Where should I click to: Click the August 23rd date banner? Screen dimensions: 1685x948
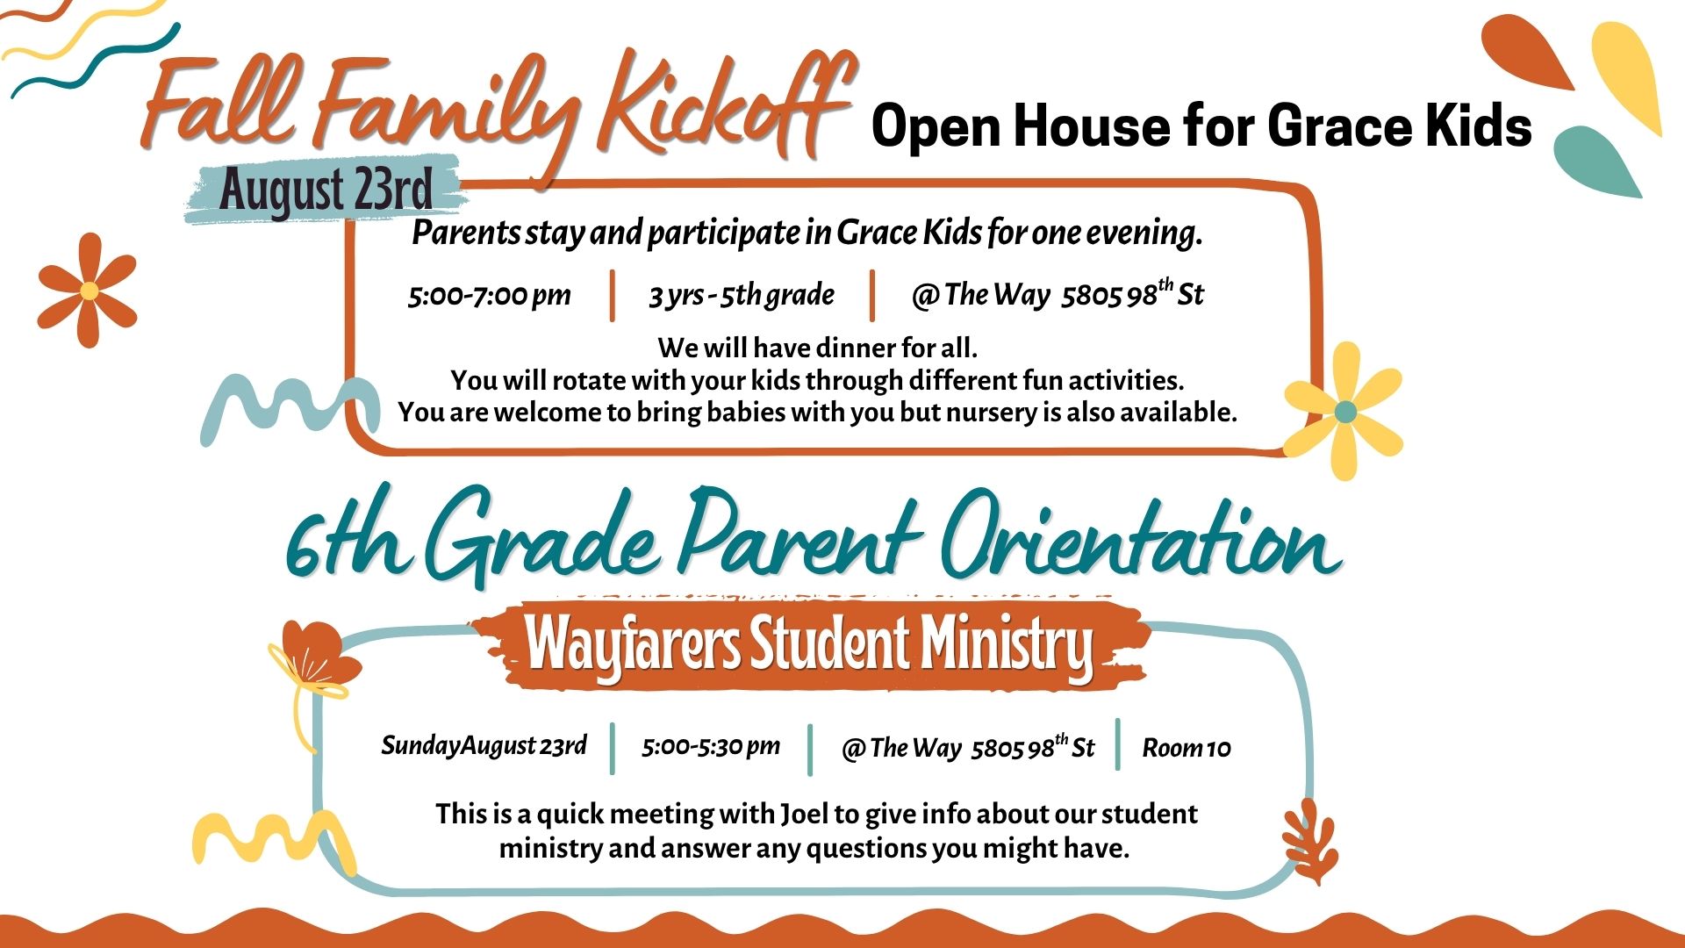pos(325,189)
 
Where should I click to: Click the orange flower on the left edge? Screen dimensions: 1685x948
pos(88,290)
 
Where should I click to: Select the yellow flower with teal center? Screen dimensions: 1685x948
pos(1344,411)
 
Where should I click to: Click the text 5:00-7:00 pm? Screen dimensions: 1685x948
pos(490,295)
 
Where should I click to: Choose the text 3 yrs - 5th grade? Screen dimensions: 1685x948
pos(742,295)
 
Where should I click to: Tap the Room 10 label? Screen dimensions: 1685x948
pos(1187,748)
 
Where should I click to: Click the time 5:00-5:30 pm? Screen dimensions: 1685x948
pos(711,746)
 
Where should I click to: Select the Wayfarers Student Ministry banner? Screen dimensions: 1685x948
pos(809,645)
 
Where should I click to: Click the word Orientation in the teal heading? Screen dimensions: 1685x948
pos(1141,537)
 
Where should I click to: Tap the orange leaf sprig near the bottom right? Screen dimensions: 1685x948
pos(1310,841)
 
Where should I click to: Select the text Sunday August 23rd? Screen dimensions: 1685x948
pos(484,745)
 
